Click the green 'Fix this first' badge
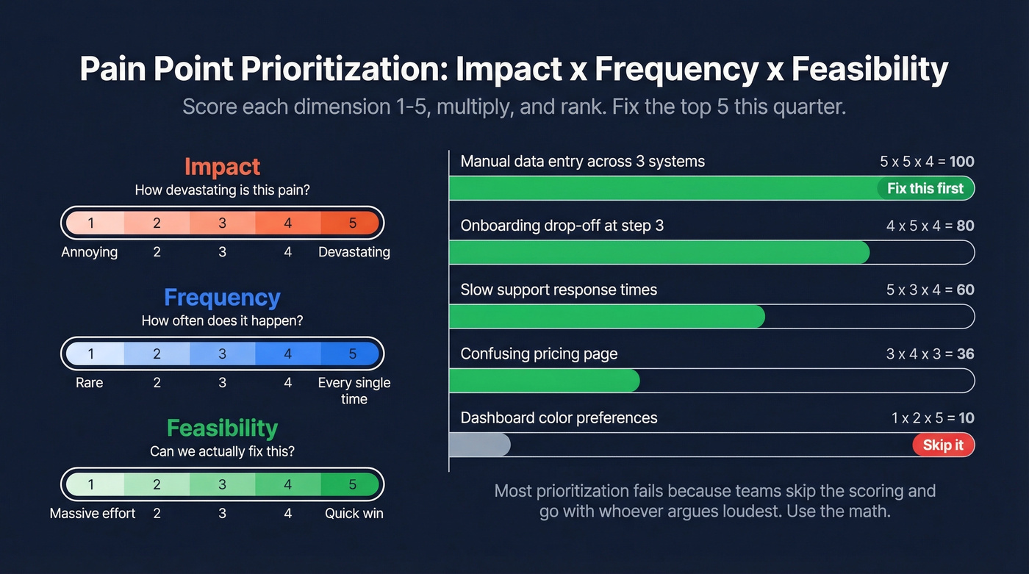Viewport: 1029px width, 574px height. click(x=925, y=188)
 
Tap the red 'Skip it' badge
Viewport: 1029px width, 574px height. click(x=943, y=445)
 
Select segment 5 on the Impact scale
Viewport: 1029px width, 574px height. click(x=352, y=223)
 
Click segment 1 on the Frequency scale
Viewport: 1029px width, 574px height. click(x=91, y=354)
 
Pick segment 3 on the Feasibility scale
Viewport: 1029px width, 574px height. click(x=222, y=485)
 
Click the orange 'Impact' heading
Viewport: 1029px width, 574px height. click(x=222, y=166)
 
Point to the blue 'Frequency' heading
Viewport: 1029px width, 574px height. click(x=222, y=297)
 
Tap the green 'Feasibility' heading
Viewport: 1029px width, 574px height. click(x=222, y=428)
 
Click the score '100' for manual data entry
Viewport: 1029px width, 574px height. click(x=961, y=162)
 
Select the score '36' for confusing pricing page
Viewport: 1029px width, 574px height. click(x=965, y=354)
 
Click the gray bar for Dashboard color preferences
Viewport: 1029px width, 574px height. click(x=479, y=445)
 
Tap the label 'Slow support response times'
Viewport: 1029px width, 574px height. click(x=559, y=290)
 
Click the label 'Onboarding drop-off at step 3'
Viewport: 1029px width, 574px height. click(x=562, y=226)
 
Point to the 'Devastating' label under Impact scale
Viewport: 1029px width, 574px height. click(x=354, y=252)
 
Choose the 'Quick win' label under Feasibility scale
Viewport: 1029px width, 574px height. click(x=354, y=514)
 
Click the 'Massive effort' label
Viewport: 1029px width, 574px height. click(x=93, y=514)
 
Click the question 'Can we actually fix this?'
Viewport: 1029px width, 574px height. click(x=222, y=451)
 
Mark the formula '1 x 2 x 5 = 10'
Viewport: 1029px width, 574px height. click(x=932, y=418)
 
